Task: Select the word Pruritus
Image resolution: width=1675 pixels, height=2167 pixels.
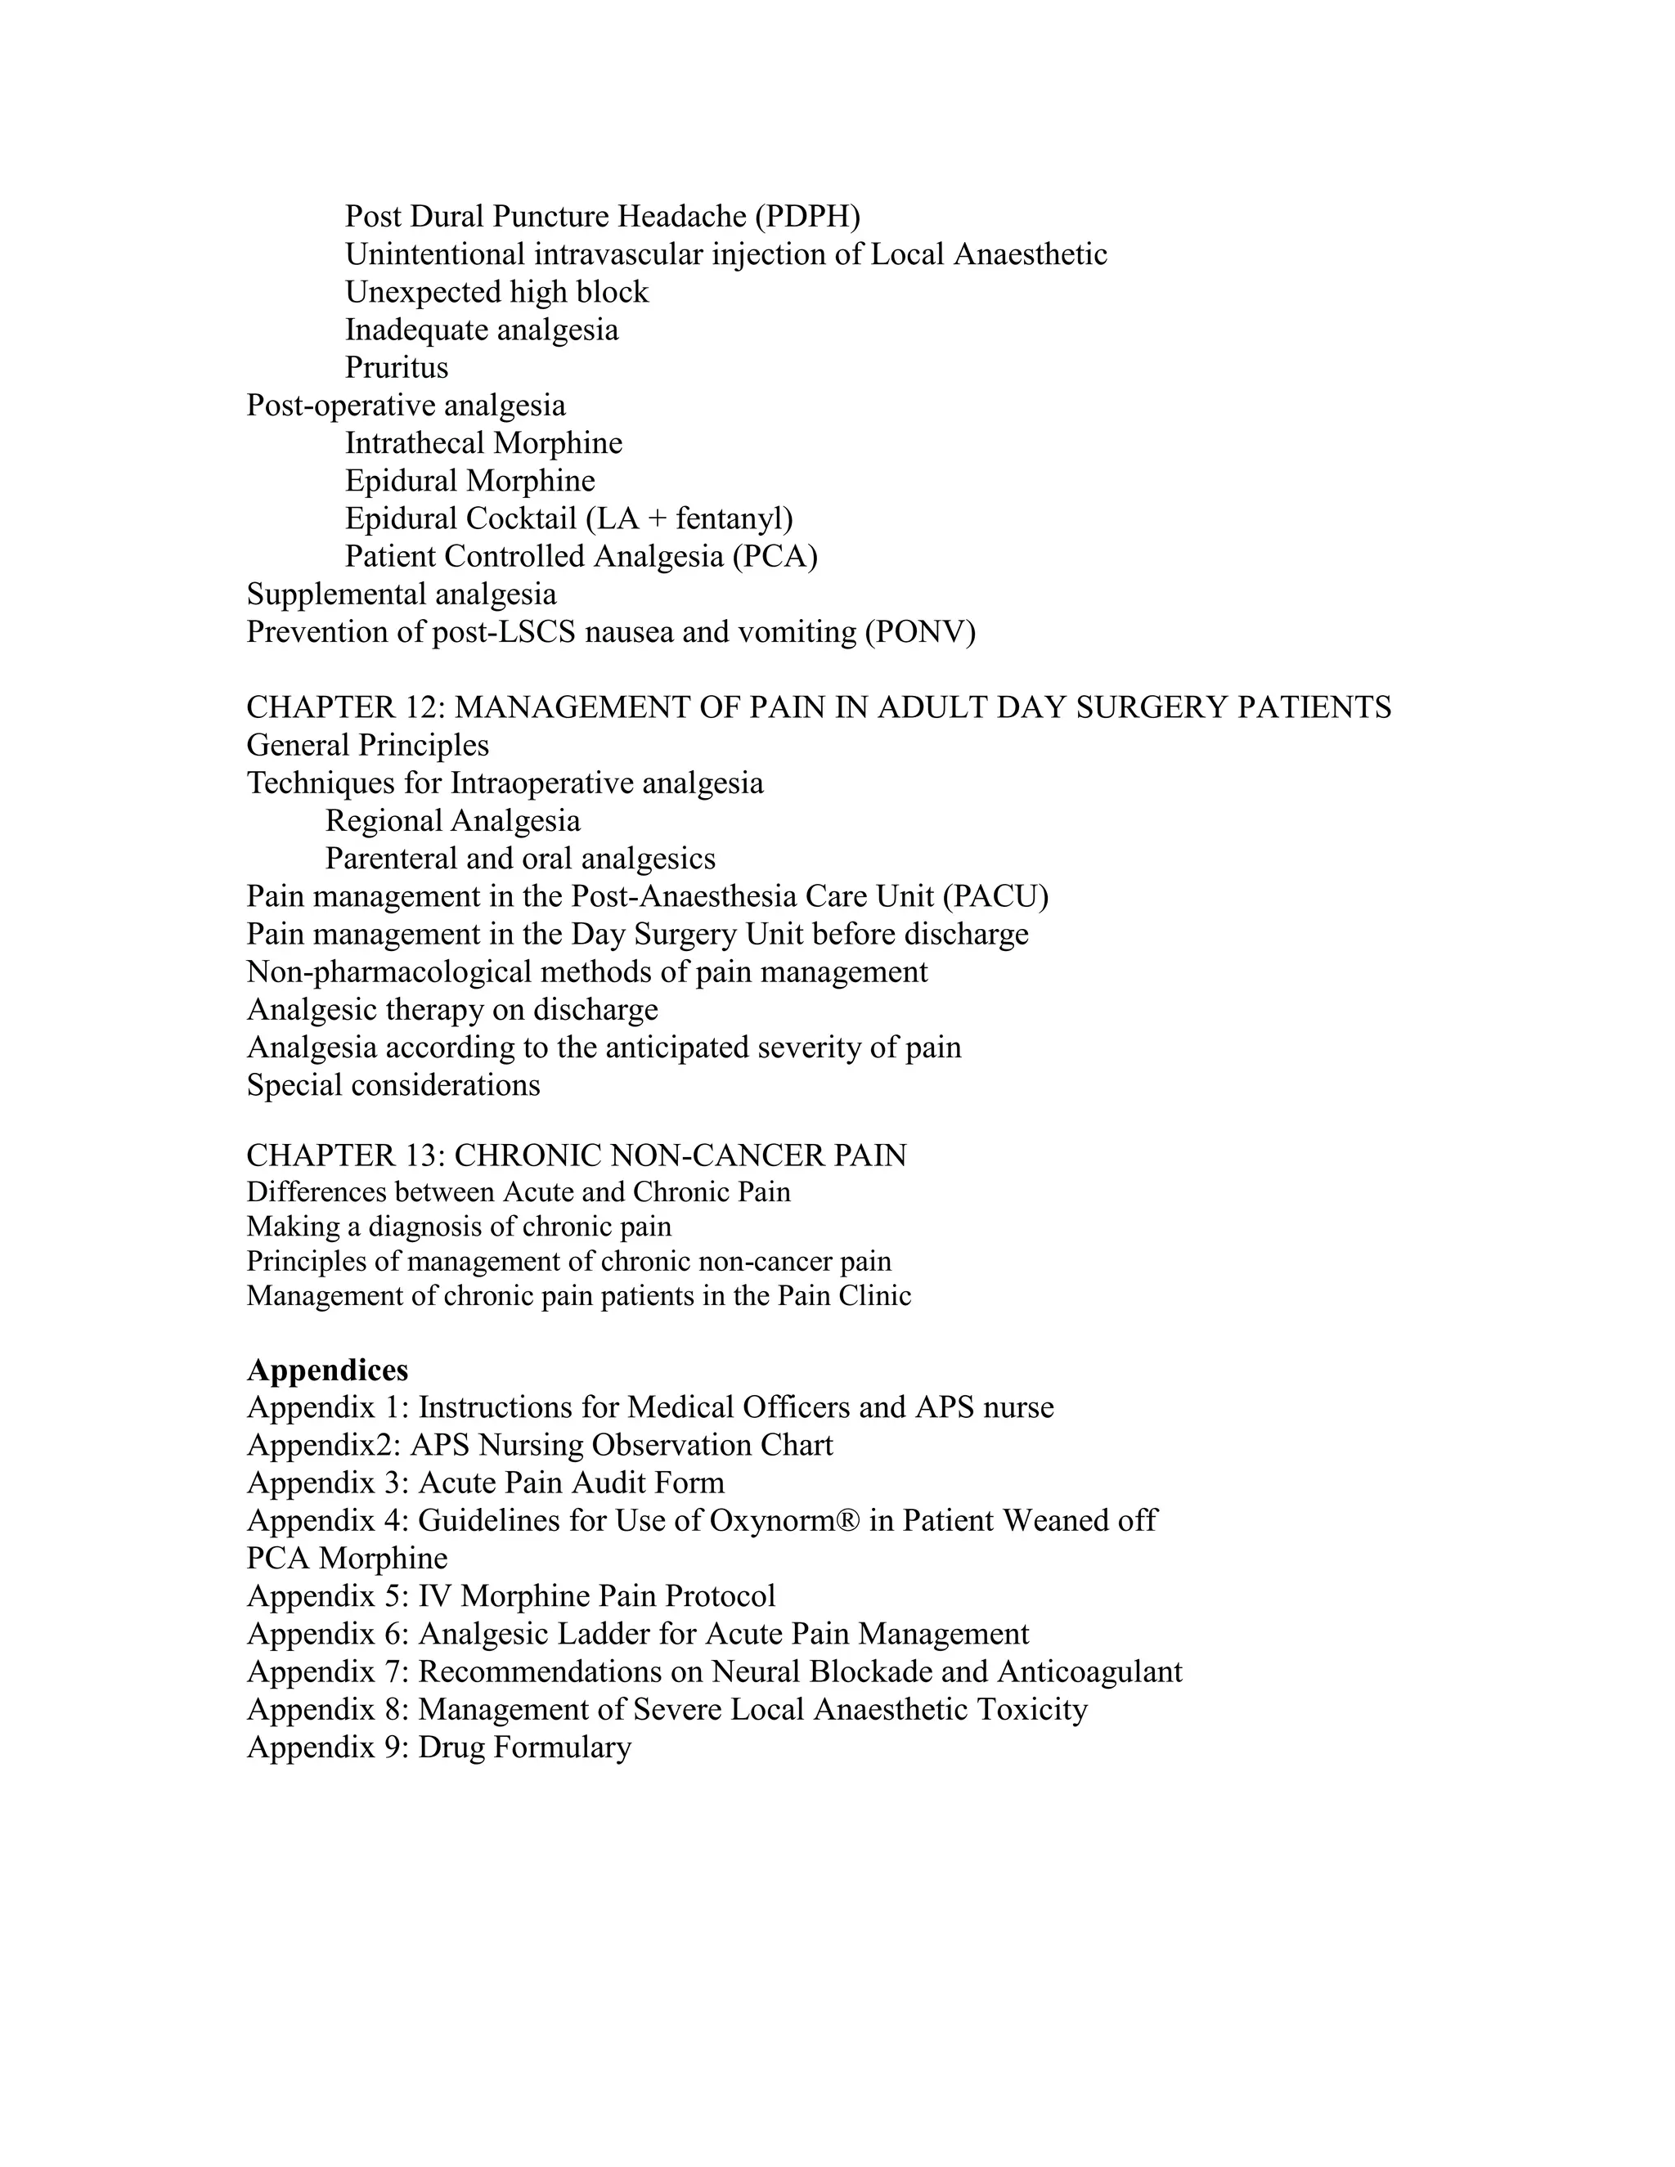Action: (396, 368)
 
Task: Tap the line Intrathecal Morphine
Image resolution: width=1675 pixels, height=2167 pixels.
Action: (483, 443)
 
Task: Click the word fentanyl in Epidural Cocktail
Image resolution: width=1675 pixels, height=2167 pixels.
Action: (730, 519)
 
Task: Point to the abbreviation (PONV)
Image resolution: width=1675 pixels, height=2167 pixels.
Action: (920, 632)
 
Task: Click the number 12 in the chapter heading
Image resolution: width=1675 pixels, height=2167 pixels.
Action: (424, 707)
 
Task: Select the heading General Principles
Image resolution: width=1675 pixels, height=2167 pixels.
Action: (367, 745)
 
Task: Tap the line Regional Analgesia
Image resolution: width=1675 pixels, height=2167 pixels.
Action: (452, 822)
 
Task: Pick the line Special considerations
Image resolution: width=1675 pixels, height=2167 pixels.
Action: (393, 1085)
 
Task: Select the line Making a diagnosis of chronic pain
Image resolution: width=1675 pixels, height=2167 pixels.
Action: (459, 1227)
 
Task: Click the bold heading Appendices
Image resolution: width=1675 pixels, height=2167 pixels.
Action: (326, 1371)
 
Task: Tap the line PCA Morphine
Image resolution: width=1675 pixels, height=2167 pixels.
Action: (346, 1559)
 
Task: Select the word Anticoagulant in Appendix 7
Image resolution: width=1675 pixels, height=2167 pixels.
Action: (1089, 1672)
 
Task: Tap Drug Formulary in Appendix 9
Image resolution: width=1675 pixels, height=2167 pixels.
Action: (524, 1748)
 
